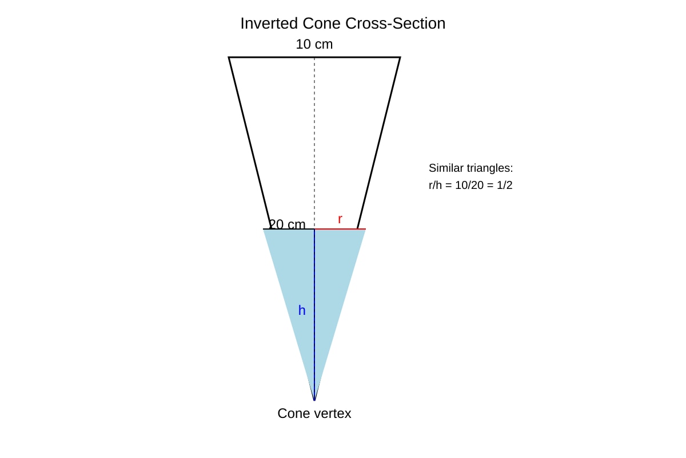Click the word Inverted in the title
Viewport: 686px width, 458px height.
(x=269, y=23)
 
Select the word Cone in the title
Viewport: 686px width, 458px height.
(x=322, y=23)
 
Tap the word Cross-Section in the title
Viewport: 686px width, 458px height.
(x=396, y=23)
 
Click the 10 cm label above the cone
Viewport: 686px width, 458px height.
(x=314, y=44)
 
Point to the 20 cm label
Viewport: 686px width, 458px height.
(x=287, y=224)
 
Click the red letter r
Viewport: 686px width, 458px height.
(x=340, y=219)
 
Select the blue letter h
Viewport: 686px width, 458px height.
(x=302, y=310)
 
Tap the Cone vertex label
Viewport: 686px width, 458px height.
(x=314, y=413)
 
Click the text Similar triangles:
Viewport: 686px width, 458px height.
(x=470, y=168)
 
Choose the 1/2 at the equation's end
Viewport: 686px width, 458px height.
(x=504, y=185)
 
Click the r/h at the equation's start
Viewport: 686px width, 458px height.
(x=435, y=185)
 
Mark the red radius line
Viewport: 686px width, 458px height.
(x=340, y=229)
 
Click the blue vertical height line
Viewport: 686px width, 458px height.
(x=314, y=315)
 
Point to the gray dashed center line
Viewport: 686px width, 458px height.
(x=314, y=143)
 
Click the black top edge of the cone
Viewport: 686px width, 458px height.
(x=314, y=57)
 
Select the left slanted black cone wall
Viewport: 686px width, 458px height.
(x=250, y=143)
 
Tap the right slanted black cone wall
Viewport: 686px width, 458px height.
(x=379, y=143)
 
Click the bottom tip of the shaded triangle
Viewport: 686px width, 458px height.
(x=314, y=400)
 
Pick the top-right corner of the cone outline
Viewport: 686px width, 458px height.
(x=400, y=57)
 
